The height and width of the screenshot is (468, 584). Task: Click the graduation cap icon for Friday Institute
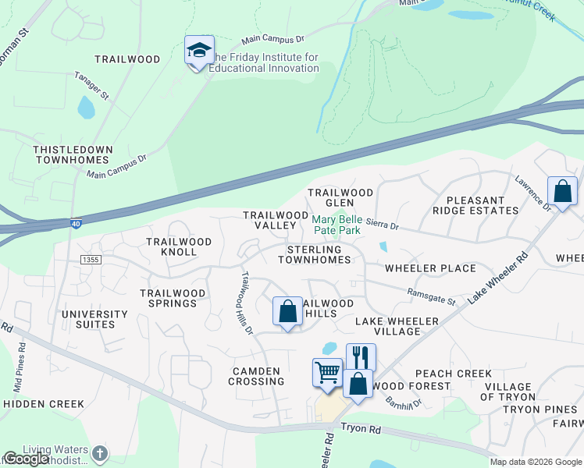(x=199, y=51)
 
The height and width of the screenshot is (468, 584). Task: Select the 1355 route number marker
(x=91, y=258)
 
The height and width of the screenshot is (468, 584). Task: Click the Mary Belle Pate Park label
(x=337, y=225)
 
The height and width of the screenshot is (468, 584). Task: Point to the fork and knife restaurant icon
(x=361, y=357)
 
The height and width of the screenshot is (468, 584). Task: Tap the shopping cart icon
(x=327, y=372)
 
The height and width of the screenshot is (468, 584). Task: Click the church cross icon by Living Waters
(x=99, y=453)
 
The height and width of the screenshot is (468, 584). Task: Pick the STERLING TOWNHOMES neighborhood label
(x=314, y=254)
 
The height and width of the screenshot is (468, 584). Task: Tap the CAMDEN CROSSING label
(x=256, y=376)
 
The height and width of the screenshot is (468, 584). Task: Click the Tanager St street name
(x=92, y=86)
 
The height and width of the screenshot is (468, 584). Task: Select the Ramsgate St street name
(x=431, y=296)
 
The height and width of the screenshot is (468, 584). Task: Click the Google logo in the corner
(x=25, y=459)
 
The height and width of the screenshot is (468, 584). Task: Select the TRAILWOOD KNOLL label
(x=179, y=246)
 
